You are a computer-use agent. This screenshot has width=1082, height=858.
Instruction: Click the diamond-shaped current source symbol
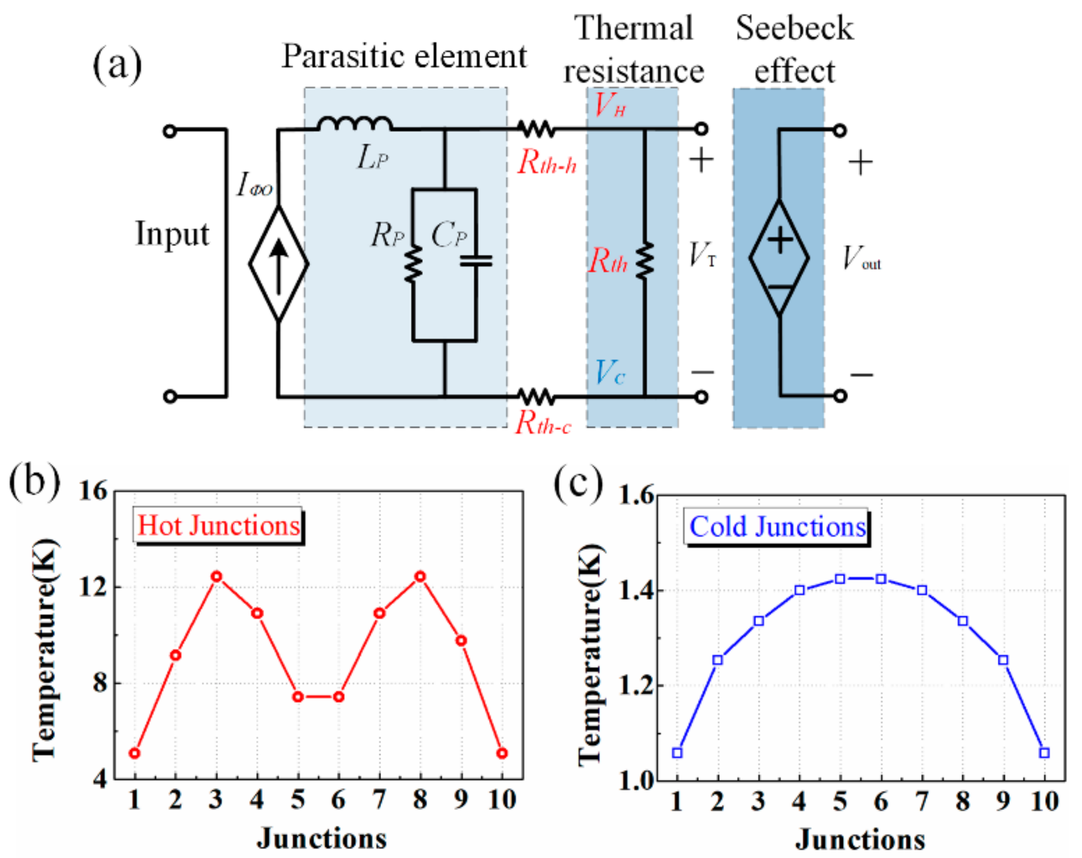click(278, 264)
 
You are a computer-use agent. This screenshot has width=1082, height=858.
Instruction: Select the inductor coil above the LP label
click(355, 124)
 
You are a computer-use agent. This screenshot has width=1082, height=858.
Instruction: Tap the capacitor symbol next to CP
click(476, 261)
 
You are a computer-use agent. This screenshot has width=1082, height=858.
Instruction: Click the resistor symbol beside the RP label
click(413, 264)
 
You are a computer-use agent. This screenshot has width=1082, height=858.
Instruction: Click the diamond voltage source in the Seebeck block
click(779, 257)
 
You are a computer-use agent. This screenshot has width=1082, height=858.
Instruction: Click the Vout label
click(861, 258)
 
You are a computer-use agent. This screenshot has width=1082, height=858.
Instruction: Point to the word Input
click(172, 234)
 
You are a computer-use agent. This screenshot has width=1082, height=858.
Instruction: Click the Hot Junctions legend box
click(219, 526)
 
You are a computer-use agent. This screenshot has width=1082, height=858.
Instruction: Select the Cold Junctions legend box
click(777, 527)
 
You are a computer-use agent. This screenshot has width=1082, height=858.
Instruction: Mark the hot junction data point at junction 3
click(217, 577)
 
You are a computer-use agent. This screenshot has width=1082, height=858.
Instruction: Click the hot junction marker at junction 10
click(502, 753)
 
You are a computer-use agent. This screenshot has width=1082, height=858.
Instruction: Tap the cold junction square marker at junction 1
click(677, 753)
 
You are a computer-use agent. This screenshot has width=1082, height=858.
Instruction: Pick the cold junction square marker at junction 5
click(840, 579)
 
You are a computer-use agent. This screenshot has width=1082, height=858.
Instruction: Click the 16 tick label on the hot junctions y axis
click(92, 491)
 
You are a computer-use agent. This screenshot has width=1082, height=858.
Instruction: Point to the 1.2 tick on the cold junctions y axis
click(636, 685)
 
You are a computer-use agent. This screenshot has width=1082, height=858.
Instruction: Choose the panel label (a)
click(117, 65)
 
